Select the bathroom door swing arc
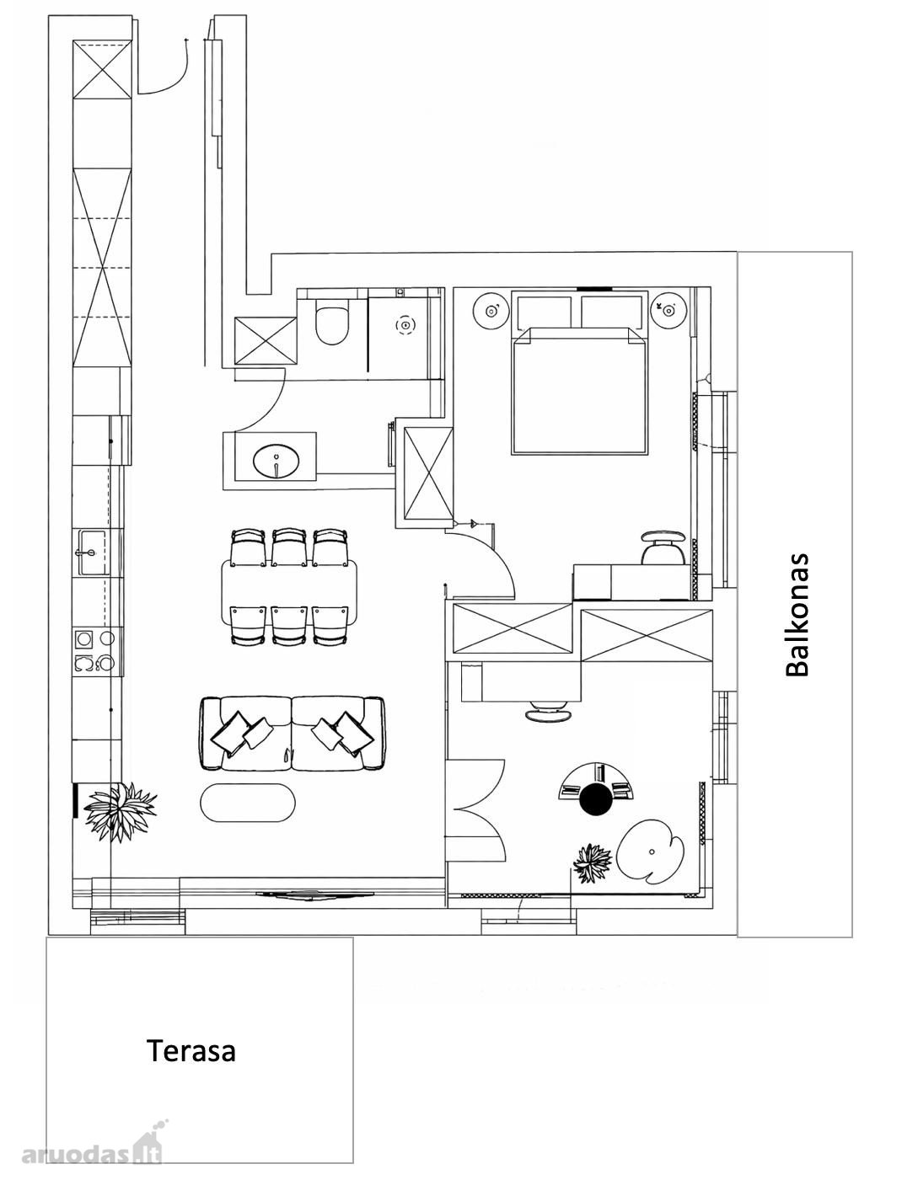tap(266, 403)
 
